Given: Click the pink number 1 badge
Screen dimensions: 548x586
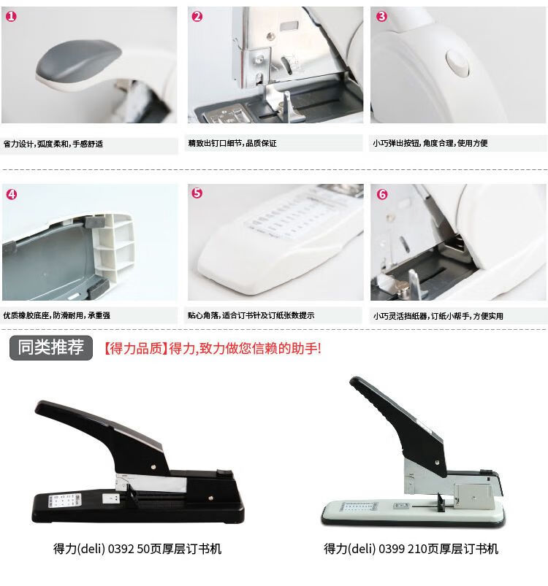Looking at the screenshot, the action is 11,17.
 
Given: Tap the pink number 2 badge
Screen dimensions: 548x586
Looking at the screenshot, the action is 197,17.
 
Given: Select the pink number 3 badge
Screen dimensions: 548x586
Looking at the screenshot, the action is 381,17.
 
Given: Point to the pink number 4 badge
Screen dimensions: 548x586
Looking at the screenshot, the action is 12,194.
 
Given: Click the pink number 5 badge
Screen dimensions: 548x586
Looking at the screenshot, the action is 197,193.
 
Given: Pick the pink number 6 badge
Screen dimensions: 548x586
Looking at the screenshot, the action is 382,194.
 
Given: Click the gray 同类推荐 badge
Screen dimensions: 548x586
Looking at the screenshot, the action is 51,348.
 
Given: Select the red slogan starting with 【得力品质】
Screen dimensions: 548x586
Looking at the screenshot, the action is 212,349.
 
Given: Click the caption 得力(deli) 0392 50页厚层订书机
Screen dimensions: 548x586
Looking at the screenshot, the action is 137,549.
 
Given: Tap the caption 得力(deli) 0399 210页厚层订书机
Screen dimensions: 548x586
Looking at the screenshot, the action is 411,549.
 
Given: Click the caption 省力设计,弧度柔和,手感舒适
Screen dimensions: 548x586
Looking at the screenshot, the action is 53,144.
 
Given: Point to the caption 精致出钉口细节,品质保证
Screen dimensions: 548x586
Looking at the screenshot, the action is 232,143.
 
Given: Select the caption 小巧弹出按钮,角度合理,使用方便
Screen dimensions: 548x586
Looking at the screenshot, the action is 430,143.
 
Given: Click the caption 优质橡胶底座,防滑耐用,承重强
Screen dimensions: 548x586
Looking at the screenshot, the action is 57,315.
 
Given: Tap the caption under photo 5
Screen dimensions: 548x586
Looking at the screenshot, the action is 251,315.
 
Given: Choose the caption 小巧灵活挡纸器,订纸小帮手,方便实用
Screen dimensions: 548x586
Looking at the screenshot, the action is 438,316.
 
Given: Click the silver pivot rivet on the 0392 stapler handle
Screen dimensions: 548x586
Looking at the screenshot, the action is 153,467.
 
